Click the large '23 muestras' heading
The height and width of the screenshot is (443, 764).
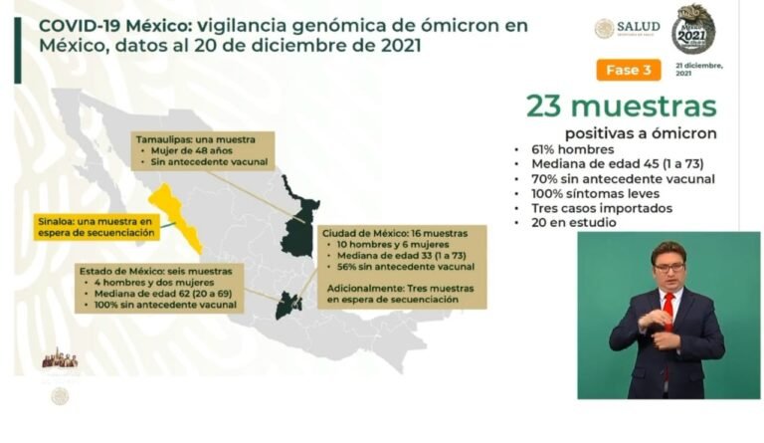coord(622,107)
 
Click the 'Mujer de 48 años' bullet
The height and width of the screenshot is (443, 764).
coord(189,153)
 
